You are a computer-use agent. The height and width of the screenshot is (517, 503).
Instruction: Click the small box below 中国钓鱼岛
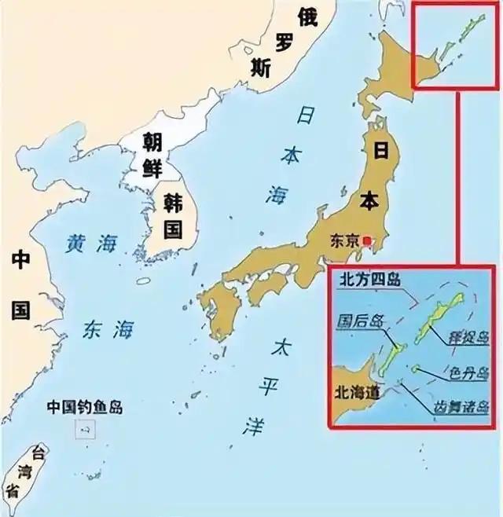click(x=86, y=428)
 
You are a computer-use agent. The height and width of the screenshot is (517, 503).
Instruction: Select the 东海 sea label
click(x=108, y=331)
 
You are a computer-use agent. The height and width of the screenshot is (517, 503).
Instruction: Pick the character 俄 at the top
click(x=308, y=16)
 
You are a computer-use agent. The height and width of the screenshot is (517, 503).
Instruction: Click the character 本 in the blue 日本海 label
click(x=290, y=156)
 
